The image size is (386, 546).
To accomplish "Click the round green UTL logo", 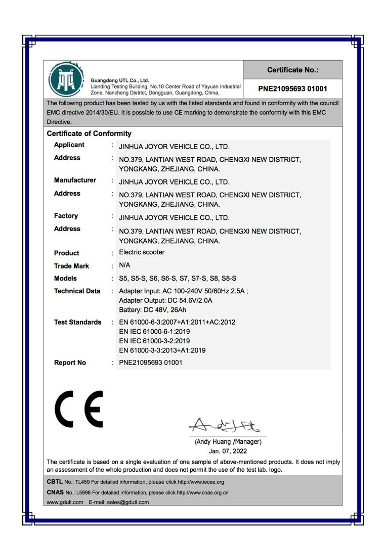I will (x=66, y=79).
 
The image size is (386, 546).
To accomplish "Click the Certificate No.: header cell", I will (x=292, y=70).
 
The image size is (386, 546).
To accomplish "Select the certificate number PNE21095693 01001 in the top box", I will (x=292, y=88).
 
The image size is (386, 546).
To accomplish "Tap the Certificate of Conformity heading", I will (x=89, y=133).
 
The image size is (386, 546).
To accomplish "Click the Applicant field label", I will (x=69, y=145).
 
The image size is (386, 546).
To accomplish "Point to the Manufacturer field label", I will (x=75, y=180).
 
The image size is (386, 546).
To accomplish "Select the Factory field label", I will (x=66, y=216).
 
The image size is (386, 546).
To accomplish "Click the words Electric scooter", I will (x=142, y=252).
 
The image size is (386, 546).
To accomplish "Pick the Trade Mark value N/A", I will (x=124, y=265).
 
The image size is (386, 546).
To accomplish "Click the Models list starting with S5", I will (x=178, y=279).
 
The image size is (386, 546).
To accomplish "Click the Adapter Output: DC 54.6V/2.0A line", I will (x=165, y=300).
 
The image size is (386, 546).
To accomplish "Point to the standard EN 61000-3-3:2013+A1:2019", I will (x=162, y=350).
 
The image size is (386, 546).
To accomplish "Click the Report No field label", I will (x=70, y=362).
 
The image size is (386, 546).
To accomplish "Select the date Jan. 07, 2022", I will (x=228, y=451).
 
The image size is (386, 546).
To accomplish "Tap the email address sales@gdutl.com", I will (x=128, y=502).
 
